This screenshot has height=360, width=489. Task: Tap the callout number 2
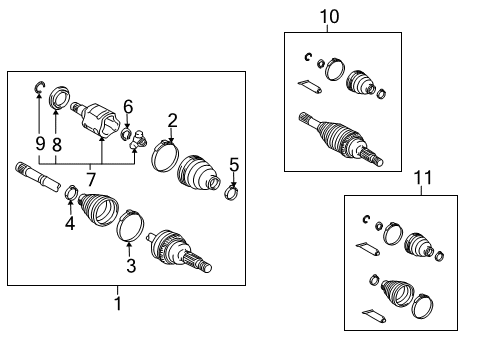click(x=172, y=121)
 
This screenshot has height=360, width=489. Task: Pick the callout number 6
click(x=127, y=106)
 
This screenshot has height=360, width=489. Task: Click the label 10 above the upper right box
click(x=329, y=17)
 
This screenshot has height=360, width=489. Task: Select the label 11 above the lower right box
click(x=423, y=177)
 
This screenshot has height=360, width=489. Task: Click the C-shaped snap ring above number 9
click(x=39, y=91)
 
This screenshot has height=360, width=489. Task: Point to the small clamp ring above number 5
click(x=232, y=190)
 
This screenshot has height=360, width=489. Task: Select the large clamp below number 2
click(x=163, y=156)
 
